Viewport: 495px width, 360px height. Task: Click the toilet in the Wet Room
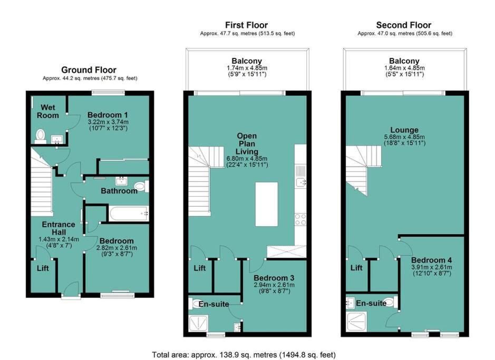[40, 136]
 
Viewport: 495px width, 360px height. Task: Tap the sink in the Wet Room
[57, 139]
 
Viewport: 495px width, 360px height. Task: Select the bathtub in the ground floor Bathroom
[129, 213]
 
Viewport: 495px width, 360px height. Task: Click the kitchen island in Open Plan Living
[266, 204]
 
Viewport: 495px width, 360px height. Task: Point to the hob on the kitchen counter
[300, 219]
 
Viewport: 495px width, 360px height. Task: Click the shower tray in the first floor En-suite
[198, 323]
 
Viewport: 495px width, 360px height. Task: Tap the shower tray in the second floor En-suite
[356, 322]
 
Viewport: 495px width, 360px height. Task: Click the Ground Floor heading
[89, 70]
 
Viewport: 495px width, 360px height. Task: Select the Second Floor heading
[404, 25]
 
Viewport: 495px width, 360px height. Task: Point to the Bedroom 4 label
[432, 260]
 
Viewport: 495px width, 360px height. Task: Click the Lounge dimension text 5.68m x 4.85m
[404, 137]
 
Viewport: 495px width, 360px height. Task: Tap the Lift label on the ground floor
[43, 268]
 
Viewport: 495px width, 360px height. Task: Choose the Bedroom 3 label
[274, 278]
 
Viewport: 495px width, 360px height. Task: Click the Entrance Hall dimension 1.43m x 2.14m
[59, 239]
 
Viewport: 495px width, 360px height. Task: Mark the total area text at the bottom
[244, 355]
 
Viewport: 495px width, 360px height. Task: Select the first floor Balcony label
[247, 61]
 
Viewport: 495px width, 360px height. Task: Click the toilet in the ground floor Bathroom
[141, 186]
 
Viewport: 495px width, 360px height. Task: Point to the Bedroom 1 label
[108, 115]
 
